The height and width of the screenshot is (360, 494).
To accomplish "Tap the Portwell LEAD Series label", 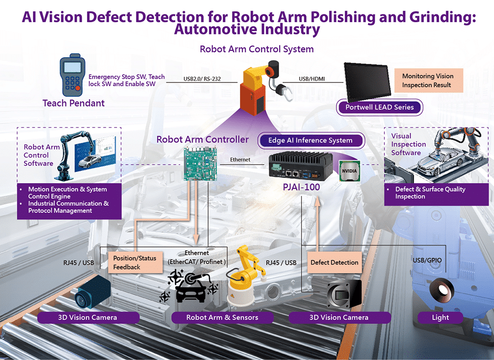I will [380, 107].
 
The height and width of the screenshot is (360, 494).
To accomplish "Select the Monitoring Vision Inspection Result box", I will [427, 80].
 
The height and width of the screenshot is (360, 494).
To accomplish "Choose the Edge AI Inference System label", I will [310, 140].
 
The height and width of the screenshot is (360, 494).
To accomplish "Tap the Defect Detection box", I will [334, 263].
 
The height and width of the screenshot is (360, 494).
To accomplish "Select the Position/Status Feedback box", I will [134, 263].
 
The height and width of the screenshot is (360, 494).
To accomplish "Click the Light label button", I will [440, 317].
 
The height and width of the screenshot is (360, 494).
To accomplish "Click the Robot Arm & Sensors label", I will [222, 317].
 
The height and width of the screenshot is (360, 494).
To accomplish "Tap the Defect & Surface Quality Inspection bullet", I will [430, 193].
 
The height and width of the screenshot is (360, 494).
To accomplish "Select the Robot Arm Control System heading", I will [256, 49].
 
